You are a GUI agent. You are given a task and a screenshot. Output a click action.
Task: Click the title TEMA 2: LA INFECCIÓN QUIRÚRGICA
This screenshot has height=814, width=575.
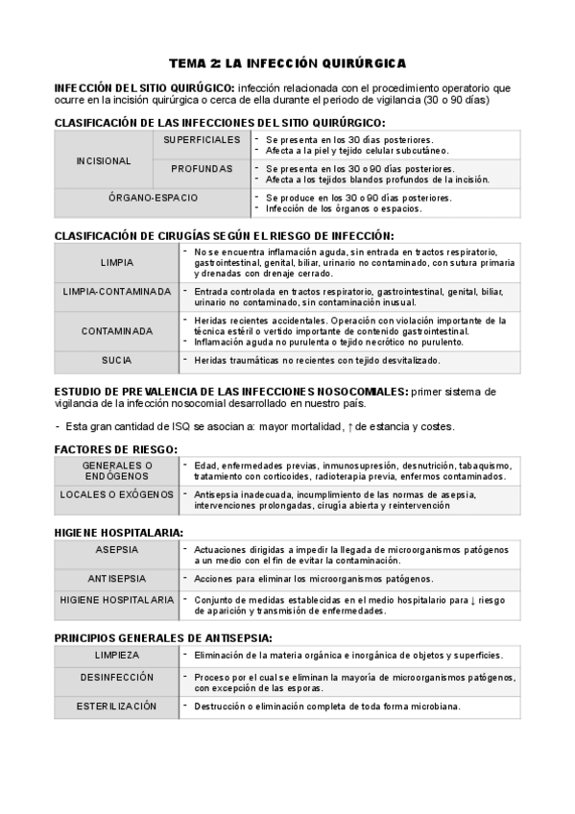click(x=287, y=62)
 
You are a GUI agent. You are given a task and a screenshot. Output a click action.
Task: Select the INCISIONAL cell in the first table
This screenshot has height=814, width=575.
click(x=103, y=159)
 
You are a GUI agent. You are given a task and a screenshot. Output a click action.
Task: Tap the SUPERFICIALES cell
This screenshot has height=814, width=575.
click(x=202, y=139)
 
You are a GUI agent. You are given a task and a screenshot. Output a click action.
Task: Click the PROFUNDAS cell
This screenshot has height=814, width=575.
click(x=202, y=169)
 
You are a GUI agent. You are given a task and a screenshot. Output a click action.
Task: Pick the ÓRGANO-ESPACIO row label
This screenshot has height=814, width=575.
click(x=154, y=198)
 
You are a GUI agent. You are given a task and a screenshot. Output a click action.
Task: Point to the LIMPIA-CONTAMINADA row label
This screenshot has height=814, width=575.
click(x=117, y=292)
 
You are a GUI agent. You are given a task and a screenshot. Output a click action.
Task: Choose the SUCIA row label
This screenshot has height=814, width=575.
click(x=117, y=360)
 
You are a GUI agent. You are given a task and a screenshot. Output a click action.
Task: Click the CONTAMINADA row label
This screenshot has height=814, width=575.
click(x=117, y=330)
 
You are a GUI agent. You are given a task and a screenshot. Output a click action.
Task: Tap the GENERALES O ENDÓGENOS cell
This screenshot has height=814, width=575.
click(x=117, y=470)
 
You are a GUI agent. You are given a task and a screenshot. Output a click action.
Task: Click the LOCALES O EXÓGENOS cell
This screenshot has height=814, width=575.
click(x=117, y=494)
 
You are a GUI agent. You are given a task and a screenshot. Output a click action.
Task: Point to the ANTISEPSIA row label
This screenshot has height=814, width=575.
click(x=117, y=579)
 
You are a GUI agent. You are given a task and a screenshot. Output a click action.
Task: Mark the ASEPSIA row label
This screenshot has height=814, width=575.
click(x=117, y=550)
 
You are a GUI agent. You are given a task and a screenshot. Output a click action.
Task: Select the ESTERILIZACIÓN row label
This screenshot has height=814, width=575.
click(x=117, y=706)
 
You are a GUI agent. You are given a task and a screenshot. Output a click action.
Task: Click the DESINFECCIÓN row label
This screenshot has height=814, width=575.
click(x=117, y=678)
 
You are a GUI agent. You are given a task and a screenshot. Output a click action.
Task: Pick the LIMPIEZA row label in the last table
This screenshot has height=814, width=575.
click(x=117, y=655)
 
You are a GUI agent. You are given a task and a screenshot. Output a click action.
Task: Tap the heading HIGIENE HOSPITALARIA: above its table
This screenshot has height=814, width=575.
click(x=119, y=532)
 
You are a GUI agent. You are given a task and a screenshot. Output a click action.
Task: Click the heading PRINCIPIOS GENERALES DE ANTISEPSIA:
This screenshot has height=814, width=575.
click(x=163, y=637)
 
